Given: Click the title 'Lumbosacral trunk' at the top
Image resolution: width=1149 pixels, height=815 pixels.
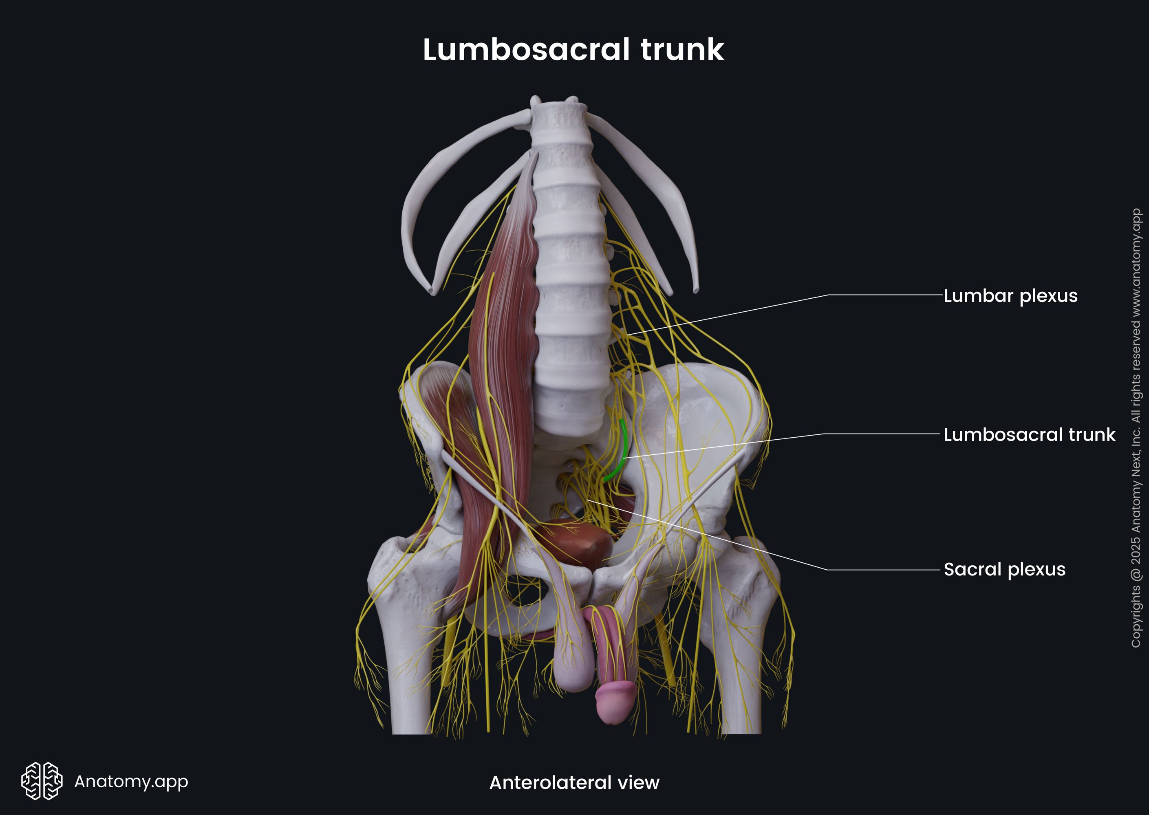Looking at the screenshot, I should coord(573,50).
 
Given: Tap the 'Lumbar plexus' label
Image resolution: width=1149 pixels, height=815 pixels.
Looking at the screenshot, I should coord(1010,296).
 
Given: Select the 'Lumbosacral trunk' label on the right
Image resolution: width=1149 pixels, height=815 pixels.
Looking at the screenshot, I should coord(1029,435).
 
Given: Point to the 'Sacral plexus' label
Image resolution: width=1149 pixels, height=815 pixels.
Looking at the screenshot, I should coord(1004,570).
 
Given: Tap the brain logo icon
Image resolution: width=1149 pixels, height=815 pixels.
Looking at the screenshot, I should coord(42,781).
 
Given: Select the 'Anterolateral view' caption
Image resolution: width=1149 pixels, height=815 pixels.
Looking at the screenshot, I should coord(574,782).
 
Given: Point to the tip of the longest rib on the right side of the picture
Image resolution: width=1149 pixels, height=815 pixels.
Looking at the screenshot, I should coord(695,290).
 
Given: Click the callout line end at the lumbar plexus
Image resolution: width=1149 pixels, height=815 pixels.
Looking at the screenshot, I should coord(627,334).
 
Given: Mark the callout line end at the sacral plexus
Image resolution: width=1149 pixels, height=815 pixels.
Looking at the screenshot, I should coord(588,500).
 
